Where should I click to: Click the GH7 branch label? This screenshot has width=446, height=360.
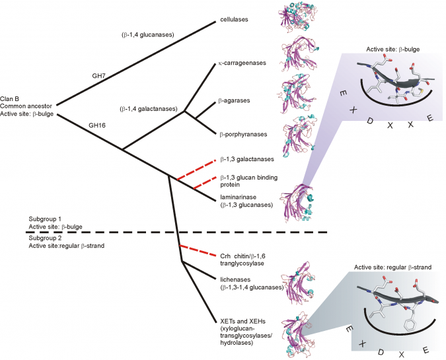99,76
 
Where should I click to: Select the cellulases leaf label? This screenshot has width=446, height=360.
234,20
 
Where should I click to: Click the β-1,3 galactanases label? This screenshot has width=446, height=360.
245,160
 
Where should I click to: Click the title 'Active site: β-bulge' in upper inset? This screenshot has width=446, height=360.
396,50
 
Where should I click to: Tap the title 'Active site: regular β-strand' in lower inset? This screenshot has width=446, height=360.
392,268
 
